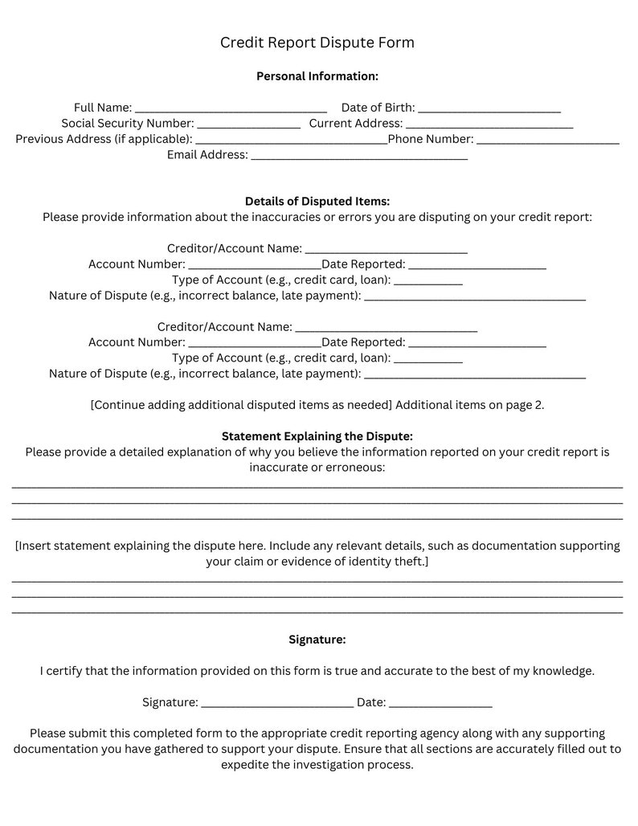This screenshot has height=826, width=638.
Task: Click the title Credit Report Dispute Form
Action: click(x=317, y=43)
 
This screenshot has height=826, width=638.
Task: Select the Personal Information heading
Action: click(x=317, y=76)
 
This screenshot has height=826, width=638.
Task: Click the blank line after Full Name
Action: click(x=231, y=109)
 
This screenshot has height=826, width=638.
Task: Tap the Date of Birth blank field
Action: click(x=489, y=109)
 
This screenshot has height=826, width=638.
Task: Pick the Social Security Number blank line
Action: click(x=248, y=125)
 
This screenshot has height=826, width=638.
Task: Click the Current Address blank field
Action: click(x=489, y=125)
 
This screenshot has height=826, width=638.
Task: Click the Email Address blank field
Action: click(x=359, y=157)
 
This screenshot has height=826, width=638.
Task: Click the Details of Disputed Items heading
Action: click(x=317, y=202)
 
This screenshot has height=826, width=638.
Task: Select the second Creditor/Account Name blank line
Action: click(x=386, y=329)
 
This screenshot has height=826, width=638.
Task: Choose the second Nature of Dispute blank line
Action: click(x=475, y=375)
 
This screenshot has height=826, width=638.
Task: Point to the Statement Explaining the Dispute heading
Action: click(x=317, y=436)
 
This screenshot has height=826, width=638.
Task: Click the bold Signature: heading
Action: click(x=317, y=640)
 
